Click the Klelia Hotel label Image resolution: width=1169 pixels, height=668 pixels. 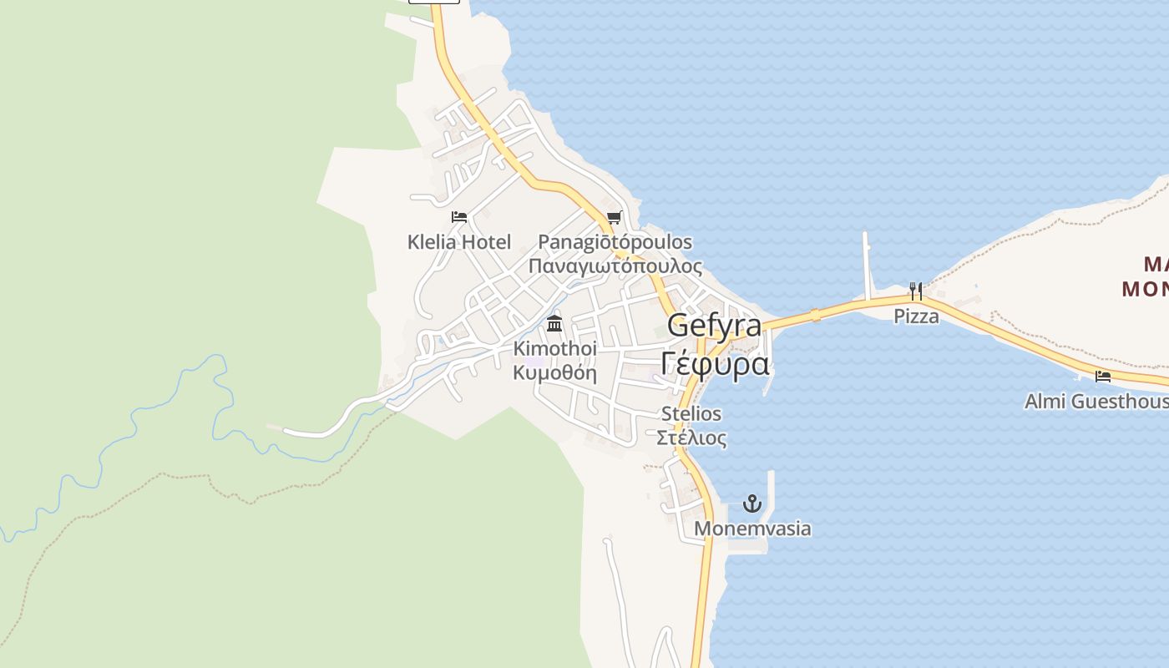(x=458, y=242)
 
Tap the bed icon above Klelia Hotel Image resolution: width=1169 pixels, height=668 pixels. (x=458, y=217)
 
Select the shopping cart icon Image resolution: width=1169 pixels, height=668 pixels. (x=614, y=218)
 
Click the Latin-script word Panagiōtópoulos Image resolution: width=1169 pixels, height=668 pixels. (x=615, y=242)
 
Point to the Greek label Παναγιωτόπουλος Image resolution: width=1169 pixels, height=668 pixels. (x=615, y=266)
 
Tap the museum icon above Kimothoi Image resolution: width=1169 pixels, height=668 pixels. (x=554, y=324)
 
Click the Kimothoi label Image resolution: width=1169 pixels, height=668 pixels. (x=554, y=347)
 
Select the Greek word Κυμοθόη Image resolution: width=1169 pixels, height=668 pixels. (x=554, y=372)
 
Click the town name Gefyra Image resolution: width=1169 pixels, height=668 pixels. (x=714, y=326)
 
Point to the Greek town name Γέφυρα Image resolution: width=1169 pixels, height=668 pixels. (x=714, y=364)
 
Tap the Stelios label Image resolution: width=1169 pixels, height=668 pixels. (x=691, y=413)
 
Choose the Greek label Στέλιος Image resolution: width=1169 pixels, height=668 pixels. (x=691, y=437)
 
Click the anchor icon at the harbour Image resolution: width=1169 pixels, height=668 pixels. (x=752, y=504)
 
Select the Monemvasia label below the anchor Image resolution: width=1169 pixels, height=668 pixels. (x=752, y=529)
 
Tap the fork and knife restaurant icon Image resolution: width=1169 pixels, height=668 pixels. (x=916, y=291)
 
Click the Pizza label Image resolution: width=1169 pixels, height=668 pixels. (x=916, y=316)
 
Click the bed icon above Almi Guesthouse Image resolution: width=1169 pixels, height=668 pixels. (x=1103, y=377)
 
